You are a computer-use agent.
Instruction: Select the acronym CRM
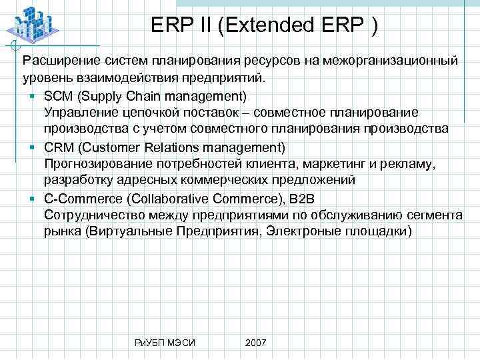[58, 146]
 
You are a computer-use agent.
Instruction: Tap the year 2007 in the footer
[255, 342]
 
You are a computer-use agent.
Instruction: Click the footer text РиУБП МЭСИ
[165, 342]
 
